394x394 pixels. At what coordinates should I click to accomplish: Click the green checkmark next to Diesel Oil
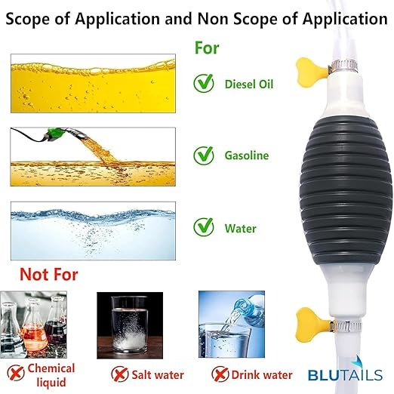(x=204, y=83)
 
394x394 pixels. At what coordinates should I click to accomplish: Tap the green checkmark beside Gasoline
(x=204, y=155)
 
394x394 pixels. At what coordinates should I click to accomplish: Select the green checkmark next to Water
(x=204, y=227)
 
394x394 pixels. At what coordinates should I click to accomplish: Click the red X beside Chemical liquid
(x=16, y=373)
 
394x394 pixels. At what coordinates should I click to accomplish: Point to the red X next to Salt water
(x=120, y=374)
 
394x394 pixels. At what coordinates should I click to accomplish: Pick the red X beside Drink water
(x=220, y=374)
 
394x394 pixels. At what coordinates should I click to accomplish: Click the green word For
(x=207, y=48)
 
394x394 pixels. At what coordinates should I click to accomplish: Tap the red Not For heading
(x=49, y=274)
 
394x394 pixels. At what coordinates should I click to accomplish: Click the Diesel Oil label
(x=249, y=84)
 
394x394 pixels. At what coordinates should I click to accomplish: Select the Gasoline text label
(x=247, y=155)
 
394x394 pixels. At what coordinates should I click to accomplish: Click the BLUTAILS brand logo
(x=345, y=371)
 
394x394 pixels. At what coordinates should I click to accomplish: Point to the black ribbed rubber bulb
(x=346, y=191)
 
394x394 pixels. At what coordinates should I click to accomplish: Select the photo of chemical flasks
(x=33, y=325)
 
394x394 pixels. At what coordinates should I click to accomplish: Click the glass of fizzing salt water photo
(x=130, y=325)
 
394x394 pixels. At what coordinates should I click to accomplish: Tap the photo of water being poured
(x=232, y=325)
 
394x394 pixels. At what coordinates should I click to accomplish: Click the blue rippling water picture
(x=93, y=231)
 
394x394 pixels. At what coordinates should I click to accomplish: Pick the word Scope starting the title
(x=27, y=19)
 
